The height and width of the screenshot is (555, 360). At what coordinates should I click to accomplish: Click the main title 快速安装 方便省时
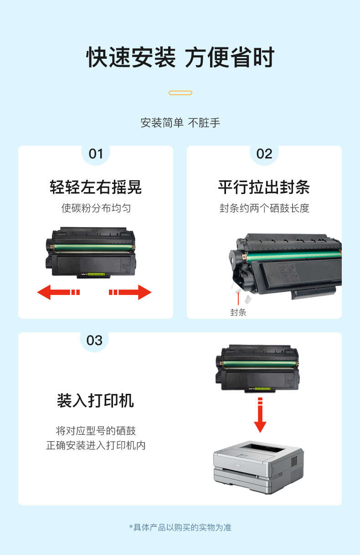pyautogui.click(x=180, y=57)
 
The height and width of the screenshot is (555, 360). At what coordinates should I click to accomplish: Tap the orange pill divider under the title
pyautogui.click(x=180, y=93)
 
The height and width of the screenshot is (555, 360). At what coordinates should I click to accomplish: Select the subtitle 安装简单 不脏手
pyautogui.click(x=180, y=123)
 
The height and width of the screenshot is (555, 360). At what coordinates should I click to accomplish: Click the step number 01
pyautogui.click(x=96, y=154)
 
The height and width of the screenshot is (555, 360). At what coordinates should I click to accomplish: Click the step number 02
pyautogui.click(x=264, y=154)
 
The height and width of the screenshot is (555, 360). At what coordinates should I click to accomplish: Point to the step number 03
pyautogui.click(x=94, y=341)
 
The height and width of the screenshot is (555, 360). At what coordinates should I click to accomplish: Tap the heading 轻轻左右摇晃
pyautogui.click(x=96, y=187)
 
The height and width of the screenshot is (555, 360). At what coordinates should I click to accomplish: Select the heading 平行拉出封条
pyautogui.click(x=264, y=187)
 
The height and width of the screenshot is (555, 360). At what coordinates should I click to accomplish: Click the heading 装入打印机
pyautogui.click(x=95, y=401)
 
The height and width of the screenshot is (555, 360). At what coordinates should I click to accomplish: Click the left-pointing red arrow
pyautogui.click(x=58, y=292)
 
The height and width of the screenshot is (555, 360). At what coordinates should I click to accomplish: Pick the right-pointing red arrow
pyautogui.click(x=130, y=292)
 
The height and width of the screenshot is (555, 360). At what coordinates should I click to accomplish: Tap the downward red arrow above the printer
pyautogui.click(x=260, y=415)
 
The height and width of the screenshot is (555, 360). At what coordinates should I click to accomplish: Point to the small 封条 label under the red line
pyautogui.click(x=238, y=312)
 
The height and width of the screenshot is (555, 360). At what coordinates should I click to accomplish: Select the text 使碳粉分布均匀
pyautogui.click(x=96, y=208)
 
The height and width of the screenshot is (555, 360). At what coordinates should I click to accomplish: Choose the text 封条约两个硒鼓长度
pyautogui.click(x=264, y=208)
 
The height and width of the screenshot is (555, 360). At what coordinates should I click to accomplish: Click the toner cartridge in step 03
pyautogui.click(x=257, y=368)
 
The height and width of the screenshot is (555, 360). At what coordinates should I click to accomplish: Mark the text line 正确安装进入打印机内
pyautogui.click(x=96, y=445)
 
